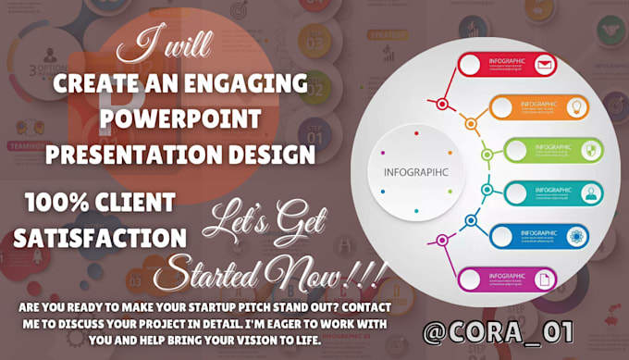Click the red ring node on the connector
[444, 103]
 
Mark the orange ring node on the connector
[471, 123]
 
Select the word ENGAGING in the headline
[246, 84]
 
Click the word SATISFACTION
[100, 238]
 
